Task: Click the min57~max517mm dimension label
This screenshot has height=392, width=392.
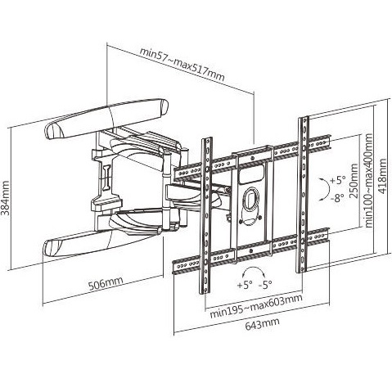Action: (182, 65)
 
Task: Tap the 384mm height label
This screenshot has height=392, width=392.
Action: (5, 197)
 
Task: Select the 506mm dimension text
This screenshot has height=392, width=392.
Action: (106, 283)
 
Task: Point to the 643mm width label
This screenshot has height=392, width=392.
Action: (262, 323)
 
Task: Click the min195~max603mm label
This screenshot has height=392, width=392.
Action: (256, 306)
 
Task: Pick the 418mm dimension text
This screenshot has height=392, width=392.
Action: (382, 176)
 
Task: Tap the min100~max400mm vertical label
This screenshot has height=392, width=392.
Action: (368, 180)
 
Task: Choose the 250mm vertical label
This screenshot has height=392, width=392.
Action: (354, 181)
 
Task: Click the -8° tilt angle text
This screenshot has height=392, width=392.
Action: (337, 197)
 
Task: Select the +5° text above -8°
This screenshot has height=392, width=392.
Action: (338, 180)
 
